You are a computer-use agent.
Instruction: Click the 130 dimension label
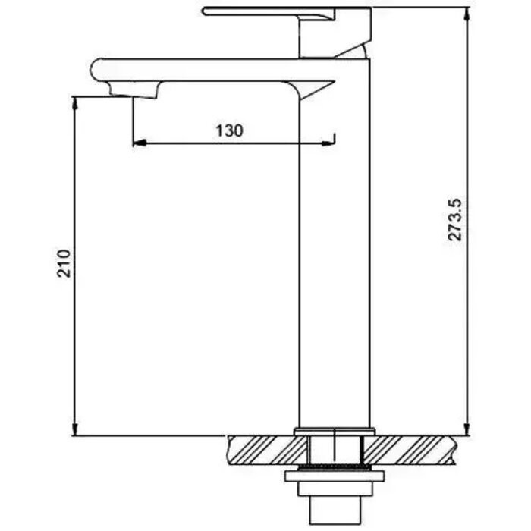point(229,130)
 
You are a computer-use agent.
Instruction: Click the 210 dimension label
point(64,264)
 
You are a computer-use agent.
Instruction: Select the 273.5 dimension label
point(455,220)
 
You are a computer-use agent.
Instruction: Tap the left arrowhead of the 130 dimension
point(140,143)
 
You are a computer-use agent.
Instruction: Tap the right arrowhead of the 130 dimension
point(328,143)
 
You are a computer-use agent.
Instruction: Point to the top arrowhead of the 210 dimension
point(75,103)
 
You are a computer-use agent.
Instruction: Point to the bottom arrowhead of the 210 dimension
point(75,429)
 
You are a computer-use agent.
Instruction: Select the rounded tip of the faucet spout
point(95,70)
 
